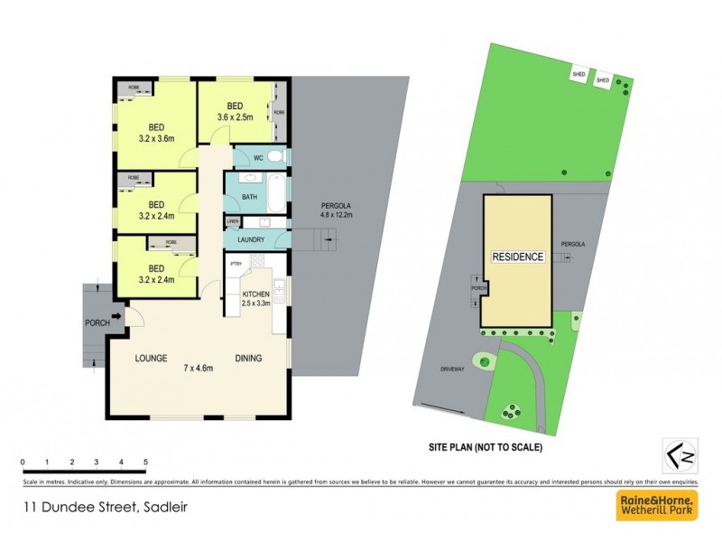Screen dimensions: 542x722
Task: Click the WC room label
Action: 257,158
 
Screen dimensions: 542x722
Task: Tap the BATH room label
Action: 250,196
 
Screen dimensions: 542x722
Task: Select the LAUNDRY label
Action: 251,239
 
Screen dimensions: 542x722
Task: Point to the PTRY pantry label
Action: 236,264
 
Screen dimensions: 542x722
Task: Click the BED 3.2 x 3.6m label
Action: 157,134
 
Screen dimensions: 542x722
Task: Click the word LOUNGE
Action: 152,359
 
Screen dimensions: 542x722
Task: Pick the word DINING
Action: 248,359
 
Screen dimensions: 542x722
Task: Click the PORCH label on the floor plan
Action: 97,322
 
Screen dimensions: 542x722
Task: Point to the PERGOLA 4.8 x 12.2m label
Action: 336,210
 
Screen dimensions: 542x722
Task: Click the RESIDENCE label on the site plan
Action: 517,257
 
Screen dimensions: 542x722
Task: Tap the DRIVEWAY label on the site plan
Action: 452,369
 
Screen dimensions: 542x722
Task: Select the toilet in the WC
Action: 276,157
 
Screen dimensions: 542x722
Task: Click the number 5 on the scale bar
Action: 145,463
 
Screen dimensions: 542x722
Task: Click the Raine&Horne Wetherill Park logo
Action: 656,506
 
